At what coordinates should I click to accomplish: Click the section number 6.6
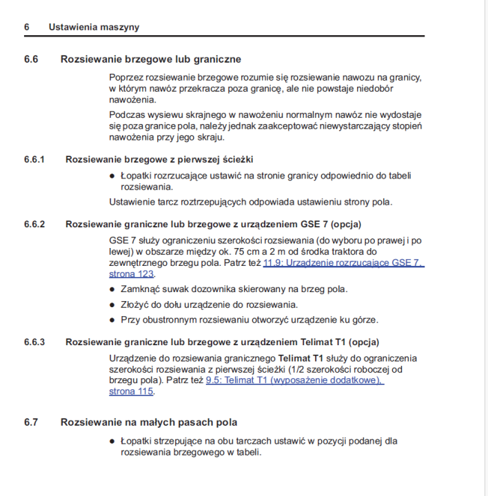point(31,59)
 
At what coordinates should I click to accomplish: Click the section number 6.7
point(31,422)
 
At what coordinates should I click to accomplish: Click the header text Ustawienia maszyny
point(94,27)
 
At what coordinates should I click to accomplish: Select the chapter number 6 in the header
point(27,27)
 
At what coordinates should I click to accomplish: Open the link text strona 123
point(131,273)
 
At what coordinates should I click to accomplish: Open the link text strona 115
point(131,391)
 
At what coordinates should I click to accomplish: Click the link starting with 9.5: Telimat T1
point(294,380)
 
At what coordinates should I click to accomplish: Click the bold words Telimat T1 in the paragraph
point(301,358)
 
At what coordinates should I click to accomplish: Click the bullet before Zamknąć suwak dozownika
point(112,289)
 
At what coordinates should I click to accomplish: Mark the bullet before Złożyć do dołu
point(112,304)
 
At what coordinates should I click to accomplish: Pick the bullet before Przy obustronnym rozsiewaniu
point(112,320)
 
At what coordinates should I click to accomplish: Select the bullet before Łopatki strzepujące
point(112,441)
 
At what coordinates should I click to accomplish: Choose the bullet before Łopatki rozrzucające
point(112,176)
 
